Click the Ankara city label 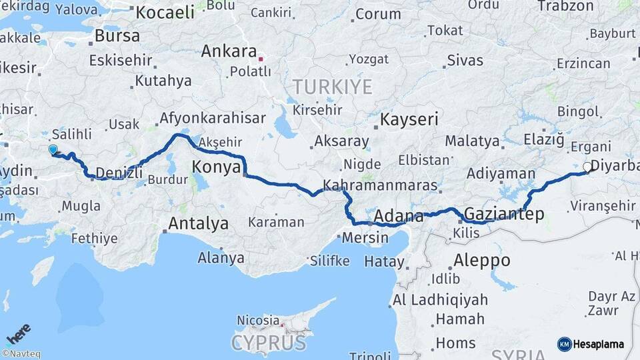(229, 51)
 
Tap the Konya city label (216, 167)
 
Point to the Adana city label (399, 216)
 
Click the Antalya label (198, 224)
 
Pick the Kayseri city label (409, 120)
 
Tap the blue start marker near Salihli (53, 150)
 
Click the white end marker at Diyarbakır (587, 167)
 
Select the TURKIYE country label (332, 85)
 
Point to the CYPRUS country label (269, 343)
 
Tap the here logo (18, 333)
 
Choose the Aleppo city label (481, 260)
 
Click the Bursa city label (117, 35)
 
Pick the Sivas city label (465, 60)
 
